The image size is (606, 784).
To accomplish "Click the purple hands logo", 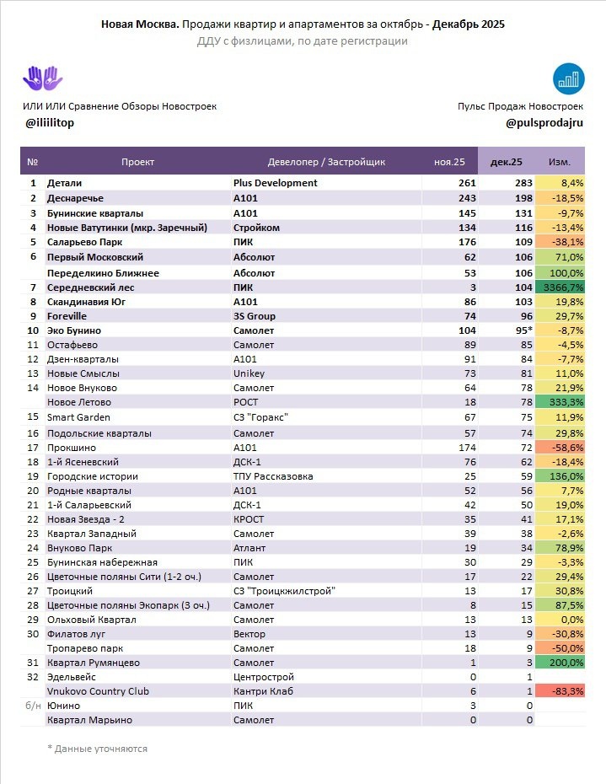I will point(42,78).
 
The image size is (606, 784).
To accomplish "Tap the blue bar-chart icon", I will point(570,78).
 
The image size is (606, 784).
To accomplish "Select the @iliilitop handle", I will point(51,123).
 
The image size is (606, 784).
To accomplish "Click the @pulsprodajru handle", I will point(544,123).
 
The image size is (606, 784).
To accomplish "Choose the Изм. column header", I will point(559,161).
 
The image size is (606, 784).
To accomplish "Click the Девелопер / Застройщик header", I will point(325,161).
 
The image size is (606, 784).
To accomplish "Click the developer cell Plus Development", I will point(275,183).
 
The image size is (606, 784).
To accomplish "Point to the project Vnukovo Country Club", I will point(98,691).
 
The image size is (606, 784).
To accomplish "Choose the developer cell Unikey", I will point(249,373).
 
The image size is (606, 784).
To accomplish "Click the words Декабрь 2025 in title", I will point(469,25).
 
